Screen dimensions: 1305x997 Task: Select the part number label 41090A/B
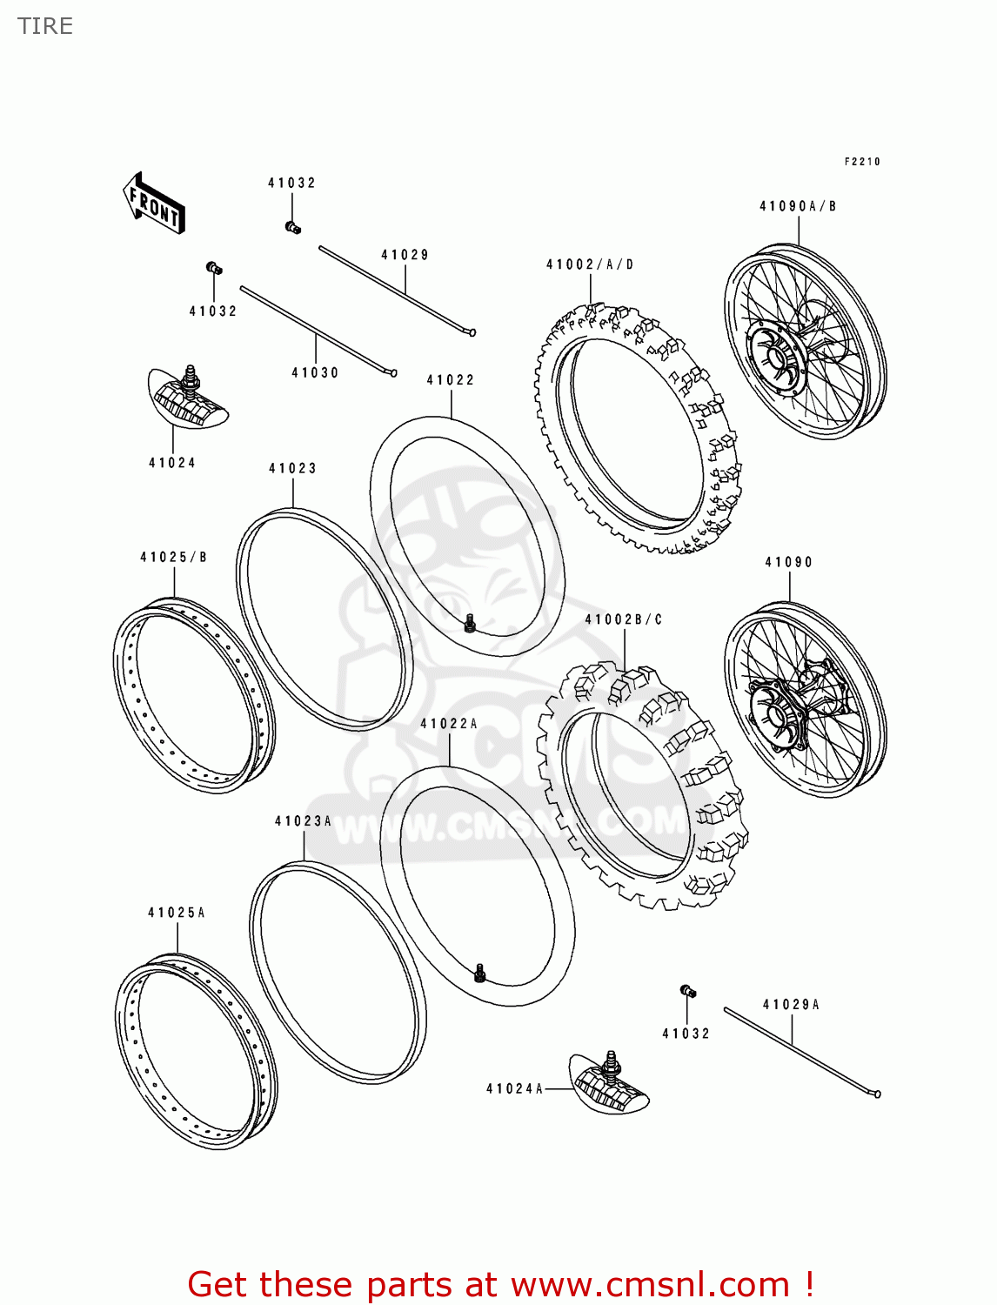[x=798, y=206]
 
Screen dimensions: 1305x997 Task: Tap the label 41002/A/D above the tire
[x=590, y=264]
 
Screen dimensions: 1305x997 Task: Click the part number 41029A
[x=791, y=1004]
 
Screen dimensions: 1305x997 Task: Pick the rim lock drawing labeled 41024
[x=188, y=399]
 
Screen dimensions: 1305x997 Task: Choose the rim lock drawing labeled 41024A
[x=609, y=1081]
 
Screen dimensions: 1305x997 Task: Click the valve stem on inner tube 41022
[x=470, y=623]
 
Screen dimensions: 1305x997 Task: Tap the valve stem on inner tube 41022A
[x=479, y=973]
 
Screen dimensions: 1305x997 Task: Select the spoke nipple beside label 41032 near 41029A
[x=687, y=991]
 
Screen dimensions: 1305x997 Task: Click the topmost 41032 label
[x=291, y=183]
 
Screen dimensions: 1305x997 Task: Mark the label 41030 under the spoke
[x=315, y=372]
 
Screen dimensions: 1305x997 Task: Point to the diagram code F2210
[x=862, y=162]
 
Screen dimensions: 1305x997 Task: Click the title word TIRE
[x=45, y=26]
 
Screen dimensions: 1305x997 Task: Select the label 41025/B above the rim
[x=174, y=557]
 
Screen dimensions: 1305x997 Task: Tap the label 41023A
[x=303, y=820]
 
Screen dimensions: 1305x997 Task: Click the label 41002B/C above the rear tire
[x=624, y=619]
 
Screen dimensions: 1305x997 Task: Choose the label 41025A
[x=177, y=913]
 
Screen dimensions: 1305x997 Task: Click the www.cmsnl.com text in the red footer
[x=649, y=1285]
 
